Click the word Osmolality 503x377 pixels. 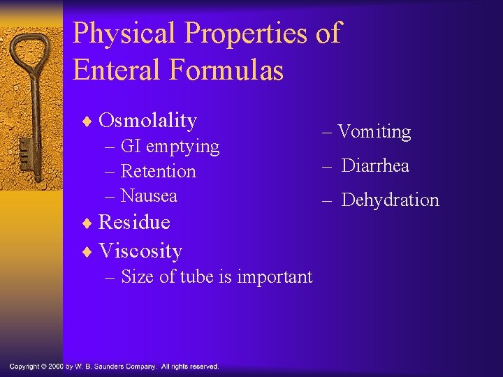click(x=147, y=121)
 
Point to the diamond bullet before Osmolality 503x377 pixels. click(x=87, y=121)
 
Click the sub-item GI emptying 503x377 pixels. click(x=170, y=147)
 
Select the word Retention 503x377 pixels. click(x=158, y=171)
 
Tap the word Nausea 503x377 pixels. click(x=149, y=195)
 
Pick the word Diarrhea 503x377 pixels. click(x=375, y=166)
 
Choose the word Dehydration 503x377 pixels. click(x=390, y=200)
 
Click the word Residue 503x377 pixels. click(x=134, y=222)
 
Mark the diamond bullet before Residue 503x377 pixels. click(x=87, y=223)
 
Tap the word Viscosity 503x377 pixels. click(x=140, y=250)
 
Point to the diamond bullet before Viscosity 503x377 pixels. click(x=87, y=251)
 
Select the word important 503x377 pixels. click(x=275, y=277)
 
